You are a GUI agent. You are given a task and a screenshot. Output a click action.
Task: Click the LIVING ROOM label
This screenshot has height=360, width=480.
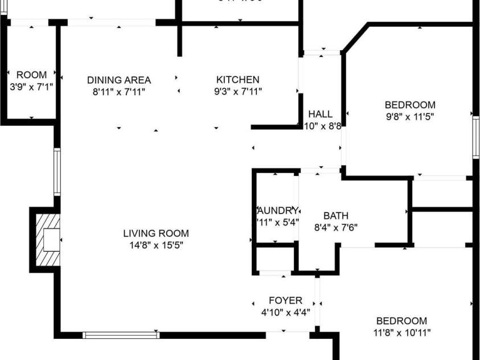[156, 234]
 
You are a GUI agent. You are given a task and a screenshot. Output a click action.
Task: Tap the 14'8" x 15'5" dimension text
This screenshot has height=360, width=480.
[156, 245]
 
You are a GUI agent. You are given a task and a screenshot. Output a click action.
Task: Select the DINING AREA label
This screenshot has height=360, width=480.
[119, 80]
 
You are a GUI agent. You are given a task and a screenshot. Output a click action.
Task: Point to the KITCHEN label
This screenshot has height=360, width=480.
[237, 80]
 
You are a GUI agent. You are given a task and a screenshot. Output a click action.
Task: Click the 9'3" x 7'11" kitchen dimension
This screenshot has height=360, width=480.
[237, 91]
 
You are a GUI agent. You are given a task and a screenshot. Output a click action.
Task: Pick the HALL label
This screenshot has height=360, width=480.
[320, 114]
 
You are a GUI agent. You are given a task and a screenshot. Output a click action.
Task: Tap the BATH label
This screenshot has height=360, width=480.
[336, 216]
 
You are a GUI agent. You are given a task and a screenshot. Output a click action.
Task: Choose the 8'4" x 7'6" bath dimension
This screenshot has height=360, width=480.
[336, 227]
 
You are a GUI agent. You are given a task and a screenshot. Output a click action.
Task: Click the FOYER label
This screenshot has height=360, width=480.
[286, 300]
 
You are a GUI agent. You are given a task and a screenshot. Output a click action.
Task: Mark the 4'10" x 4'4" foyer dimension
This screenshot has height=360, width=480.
[286, 312]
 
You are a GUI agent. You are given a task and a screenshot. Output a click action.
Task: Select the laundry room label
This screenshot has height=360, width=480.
[277, 210]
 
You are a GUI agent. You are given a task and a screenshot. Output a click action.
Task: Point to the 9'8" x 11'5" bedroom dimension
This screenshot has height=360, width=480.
[410, 116]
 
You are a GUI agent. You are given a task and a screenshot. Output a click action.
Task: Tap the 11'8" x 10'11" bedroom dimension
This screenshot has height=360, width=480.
[402, 333]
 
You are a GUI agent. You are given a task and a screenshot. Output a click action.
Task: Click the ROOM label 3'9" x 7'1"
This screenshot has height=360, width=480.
[31, 75]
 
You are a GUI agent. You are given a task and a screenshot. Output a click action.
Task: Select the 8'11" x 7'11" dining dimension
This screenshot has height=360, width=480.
[119, 91]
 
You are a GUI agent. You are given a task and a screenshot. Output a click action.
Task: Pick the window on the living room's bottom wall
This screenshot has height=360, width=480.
[121, 335]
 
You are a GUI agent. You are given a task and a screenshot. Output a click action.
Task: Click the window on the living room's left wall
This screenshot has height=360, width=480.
[57, 172]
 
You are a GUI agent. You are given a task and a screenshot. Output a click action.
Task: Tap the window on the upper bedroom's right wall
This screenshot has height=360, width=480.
[475, 137]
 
